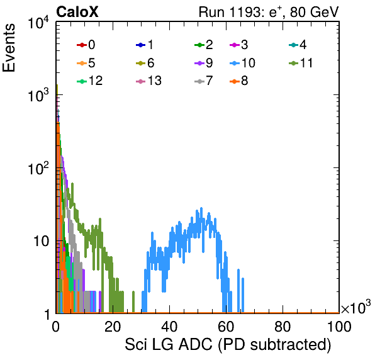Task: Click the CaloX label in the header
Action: [77, 12]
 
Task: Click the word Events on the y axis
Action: [9, 48]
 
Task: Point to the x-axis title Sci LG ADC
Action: [169, 344]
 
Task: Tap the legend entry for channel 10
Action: [242, 63]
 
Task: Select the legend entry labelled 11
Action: [301, 63]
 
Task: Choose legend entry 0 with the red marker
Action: [86, 45]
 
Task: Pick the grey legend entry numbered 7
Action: [204, 81]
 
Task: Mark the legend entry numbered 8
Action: [238, 81]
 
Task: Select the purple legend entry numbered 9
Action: [204, 63]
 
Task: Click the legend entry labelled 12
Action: [90, 81]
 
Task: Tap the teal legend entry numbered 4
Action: [298, 45]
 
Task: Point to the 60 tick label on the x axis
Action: [226, 327]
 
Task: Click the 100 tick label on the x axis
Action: [339, 327]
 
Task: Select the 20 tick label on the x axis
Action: [113, 327]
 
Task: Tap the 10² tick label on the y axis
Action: [38, 168]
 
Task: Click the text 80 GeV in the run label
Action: [314, 12]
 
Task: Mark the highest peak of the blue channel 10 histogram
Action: [201, 208]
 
